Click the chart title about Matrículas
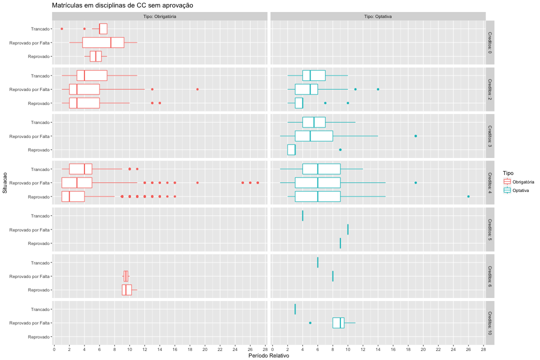122,5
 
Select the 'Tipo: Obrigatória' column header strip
159,16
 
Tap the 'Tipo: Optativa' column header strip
377,16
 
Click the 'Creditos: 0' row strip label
490,42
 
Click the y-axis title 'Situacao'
4,183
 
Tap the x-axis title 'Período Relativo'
269,356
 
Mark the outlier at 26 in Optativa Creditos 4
468,196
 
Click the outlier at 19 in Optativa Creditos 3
415,136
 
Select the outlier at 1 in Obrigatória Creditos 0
62,28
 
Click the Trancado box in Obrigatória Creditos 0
103,28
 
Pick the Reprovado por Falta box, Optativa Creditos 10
338,323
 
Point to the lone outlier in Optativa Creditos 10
310,323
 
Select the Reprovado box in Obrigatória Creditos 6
126,290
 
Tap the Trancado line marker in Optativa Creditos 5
302,215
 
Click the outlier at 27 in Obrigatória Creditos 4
257,182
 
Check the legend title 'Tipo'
508,173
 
